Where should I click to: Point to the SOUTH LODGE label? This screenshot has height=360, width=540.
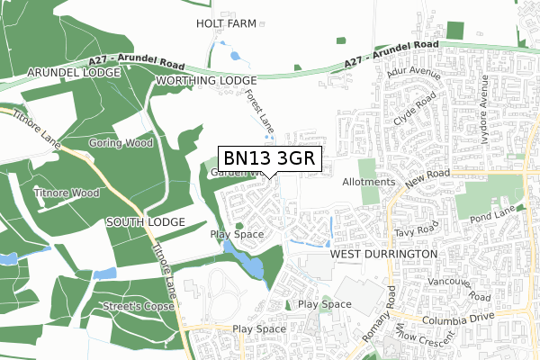coord(144,220)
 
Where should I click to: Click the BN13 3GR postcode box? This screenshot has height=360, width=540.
coord(268,157)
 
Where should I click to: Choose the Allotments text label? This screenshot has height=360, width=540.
coord(369,182)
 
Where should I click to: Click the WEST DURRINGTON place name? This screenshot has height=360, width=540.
coord(383,255)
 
